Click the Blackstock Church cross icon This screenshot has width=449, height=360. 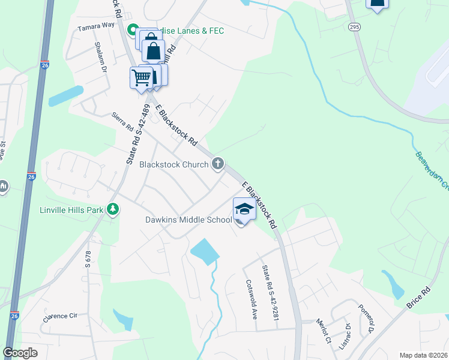218,163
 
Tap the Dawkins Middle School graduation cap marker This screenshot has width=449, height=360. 244,209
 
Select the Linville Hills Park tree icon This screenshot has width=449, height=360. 112,209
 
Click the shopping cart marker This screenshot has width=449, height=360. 141,77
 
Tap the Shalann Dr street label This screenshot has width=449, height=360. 100,57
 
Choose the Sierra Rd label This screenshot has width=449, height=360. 122,123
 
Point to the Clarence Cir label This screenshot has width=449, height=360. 61,316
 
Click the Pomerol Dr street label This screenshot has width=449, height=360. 366,322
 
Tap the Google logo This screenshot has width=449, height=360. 20,353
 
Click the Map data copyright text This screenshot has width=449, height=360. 423,355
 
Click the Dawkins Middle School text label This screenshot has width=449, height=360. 188,220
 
